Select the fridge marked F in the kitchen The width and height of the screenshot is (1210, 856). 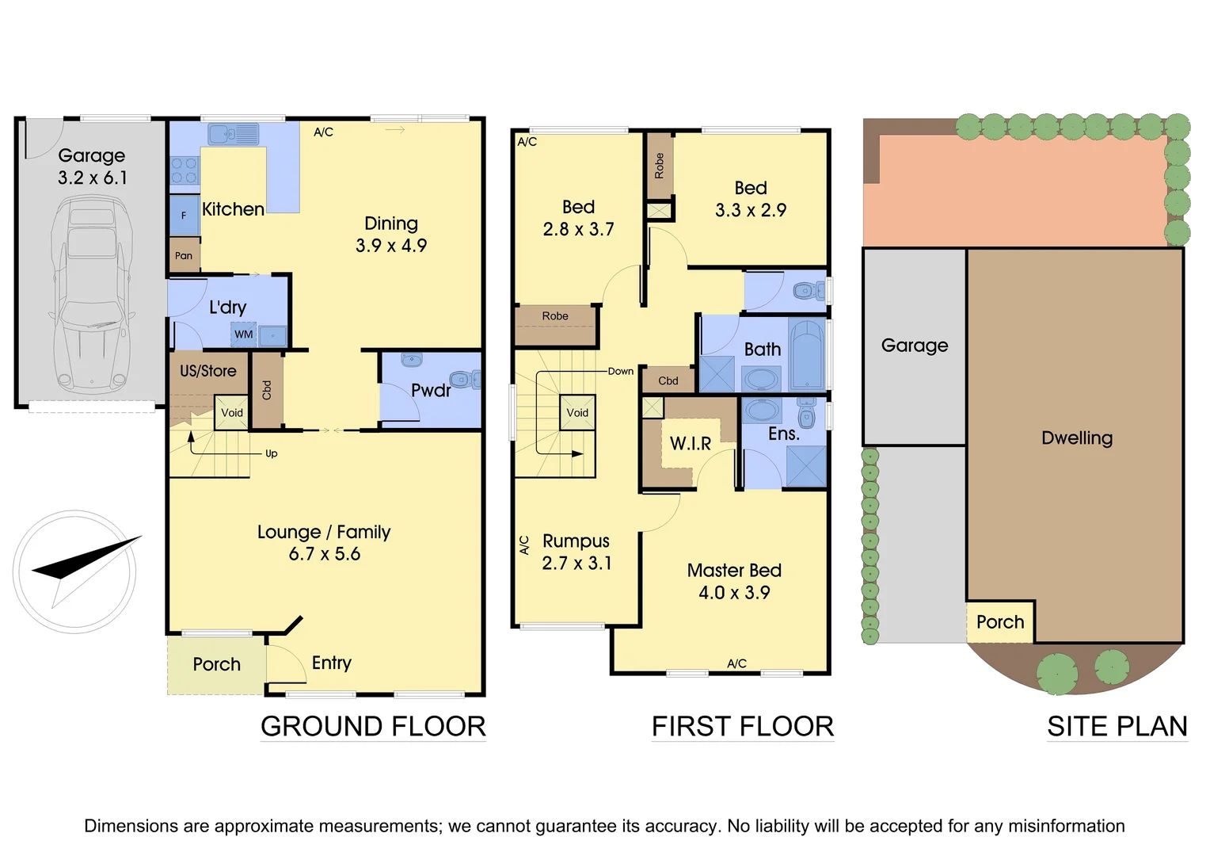pyautogui.click(x=184, y=215)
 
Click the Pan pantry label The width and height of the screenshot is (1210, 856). pyautogui.click(x=184, y=256)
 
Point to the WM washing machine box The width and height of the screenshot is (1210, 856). pyautogui.click(x=243, y=334)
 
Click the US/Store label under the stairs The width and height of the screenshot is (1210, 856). pyautogui.click(x=207, y=371)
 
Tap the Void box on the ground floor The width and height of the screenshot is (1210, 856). pyautogui.click(x=232, y=413)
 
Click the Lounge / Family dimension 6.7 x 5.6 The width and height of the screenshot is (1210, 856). pyautogui.click(x=324, y=554)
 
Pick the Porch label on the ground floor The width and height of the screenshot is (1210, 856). pyautogui.click(x=216, y=664)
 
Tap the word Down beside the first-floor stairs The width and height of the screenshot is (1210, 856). pyautogui.click(x=620, y=371)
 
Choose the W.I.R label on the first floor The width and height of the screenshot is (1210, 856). pyautogui.click(x=691, y=444)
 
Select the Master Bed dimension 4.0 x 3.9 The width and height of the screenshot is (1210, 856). pyautogui.click(x=733, y=593)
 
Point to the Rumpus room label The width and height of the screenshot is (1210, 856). pyautogui.click(x=576, y=541)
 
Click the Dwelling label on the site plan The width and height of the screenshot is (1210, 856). pyautogui.click(x=1076, y=438)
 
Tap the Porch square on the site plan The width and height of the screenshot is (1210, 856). pyautogui.click(x=1000, y=622)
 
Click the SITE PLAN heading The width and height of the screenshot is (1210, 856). pyautogui.click(x=1117, y=726)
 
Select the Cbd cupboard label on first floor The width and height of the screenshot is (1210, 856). pyautogui.click(x=668, y=381)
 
